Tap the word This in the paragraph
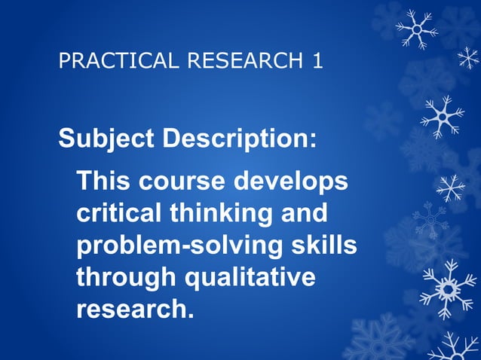(105, 182)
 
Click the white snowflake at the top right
(415, 29)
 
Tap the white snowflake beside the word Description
(443, 116)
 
